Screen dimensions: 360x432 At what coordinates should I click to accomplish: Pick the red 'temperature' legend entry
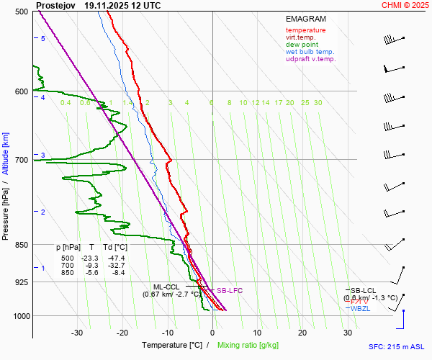click(305, 30)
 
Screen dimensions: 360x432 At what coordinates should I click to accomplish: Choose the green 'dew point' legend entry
click(302, 45)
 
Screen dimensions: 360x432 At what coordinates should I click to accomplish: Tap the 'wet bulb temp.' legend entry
click(310, 52)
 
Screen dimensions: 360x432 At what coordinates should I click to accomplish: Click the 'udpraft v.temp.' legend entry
click(310, 59)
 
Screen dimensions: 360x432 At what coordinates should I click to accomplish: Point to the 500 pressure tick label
click(21, 12)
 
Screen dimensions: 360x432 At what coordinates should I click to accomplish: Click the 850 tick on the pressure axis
click(21, 245)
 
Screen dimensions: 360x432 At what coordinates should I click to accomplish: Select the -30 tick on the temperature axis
click(77, 333)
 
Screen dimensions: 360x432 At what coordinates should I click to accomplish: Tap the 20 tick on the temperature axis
click(303, 333)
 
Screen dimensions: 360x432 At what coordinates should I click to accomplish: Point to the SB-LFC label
click(230, 290)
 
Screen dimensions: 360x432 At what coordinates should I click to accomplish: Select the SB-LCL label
click(364, 290)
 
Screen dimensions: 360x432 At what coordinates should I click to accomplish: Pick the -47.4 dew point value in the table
click(115, 258)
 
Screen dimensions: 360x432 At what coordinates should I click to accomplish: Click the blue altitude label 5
click(43, 38)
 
